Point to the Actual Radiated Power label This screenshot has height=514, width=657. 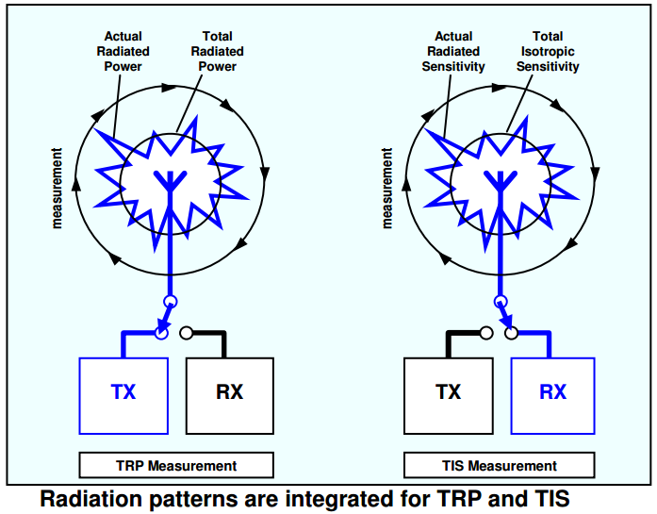tap(123, 51)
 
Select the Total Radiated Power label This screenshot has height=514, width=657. tap(217, 51)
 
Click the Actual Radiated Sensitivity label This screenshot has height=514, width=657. tap(453, 51)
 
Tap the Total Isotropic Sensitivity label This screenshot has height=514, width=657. tap(548, 51)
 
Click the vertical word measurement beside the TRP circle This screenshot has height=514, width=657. tap(57, 188)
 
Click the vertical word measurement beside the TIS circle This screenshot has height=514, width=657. tap(386, 188)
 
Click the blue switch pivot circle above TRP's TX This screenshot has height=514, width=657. tap(170, 302)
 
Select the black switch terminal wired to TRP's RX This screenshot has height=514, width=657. tap(187, 333)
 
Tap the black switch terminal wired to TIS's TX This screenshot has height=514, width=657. tap(486, 333)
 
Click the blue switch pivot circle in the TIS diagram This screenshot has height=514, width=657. tap(501, 302)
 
